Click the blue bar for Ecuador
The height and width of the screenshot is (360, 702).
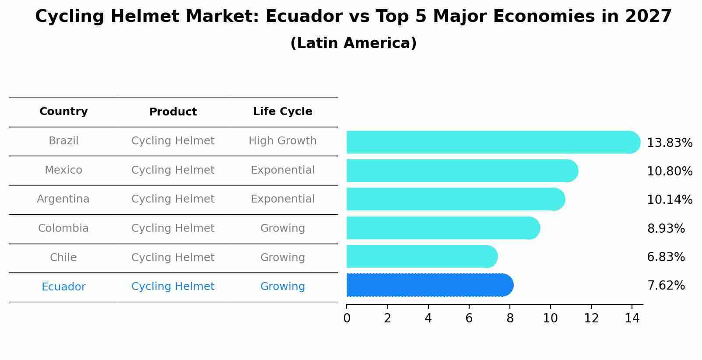click(429, 285)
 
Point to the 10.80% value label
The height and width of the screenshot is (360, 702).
click(669, 171)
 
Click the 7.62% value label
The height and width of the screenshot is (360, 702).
click(666, 286)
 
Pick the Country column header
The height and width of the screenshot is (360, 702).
click(63, 112)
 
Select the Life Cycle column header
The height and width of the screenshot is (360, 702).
click(282, 112)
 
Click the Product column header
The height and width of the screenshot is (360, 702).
click(173, 112)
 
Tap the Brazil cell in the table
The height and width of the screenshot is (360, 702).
click(63, 141)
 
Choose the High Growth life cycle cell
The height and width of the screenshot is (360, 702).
click(282, 141)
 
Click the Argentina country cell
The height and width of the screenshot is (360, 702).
click(63, 199)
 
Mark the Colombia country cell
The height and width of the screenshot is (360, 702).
click(63, 228)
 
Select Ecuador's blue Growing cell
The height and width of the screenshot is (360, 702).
click(282, 287)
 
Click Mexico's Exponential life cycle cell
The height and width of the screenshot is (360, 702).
click(282, 170)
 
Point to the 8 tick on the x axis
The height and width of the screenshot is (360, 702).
click(510, 318)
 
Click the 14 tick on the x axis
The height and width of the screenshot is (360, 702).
click(632, 318)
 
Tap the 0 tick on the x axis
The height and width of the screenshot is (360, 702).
click(347, 318)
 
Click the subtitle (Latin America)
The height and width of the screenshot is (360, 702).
click(353, 43)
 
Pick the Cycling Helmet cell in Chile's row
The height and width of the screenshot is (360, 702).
click(173, 258)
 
